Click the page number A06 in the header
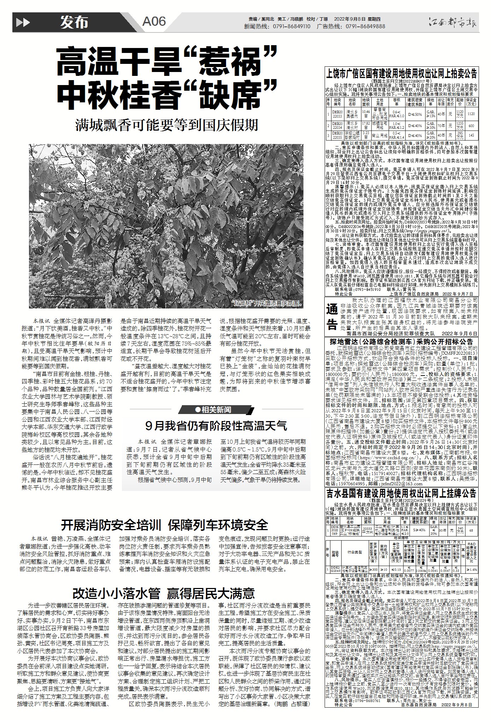click(154, 22)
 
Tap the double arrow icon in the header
click(23, 23)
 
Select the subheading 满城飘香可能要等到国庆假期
click(166, 125)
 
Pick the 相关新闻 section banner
click(216, 410)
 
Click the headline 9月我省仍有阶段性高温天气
click(216, 426)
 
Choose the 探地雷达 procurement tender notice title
click(401, 342)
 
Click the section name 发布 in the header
click(73, 23)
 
